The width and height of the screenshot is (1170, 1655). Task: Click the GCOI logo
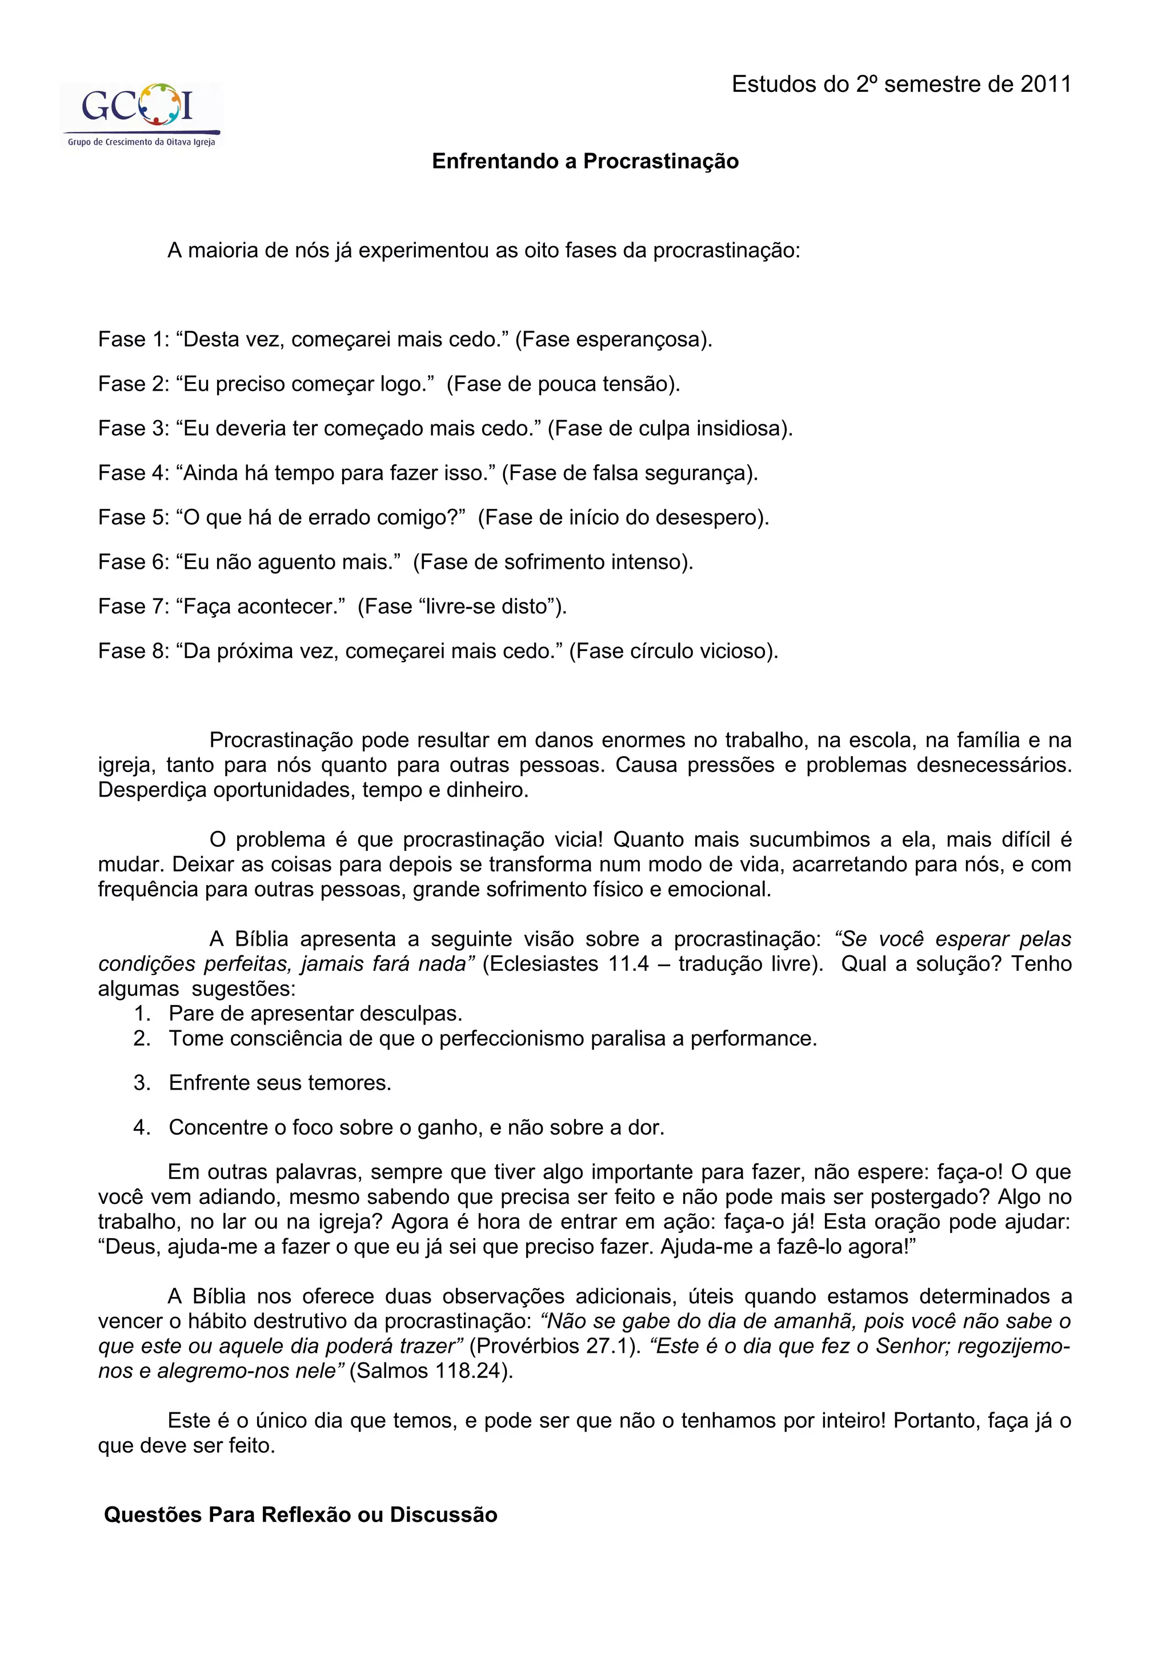[141, 114]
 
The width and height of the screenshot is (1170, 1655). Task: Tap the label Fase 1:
[133, 339]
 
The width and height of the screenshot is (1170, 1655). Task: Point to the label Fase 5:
[133, 517]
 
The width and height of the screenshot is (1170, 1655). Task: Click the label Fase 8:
[133, 651]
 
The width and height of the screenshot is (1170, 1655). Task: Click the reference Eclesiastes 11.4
[567, 964]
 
